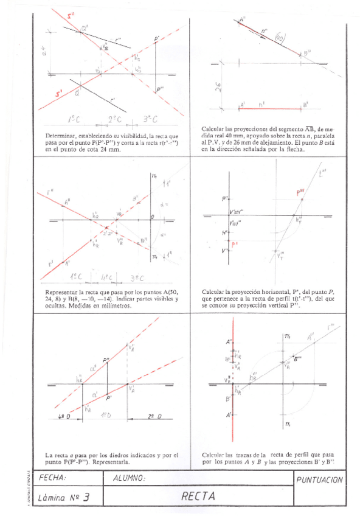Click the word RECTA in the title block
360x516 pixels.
(x=198, y=496)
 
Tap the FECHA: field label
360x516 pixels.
(x=52, y=478)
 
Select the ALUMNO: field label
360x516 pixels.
(x=129, y=478)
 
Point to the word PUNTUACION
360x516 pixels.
(x=320, y=480)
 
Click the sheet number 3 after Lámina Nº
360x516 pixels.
(x=87, y=497)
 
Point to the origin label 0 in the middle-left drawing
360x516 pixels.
(x=153, y=217)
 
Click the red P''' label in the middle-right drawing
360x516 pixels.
(x=300, y=193)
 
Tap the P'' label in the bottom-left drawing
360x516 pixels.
(x=106, y=361)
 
